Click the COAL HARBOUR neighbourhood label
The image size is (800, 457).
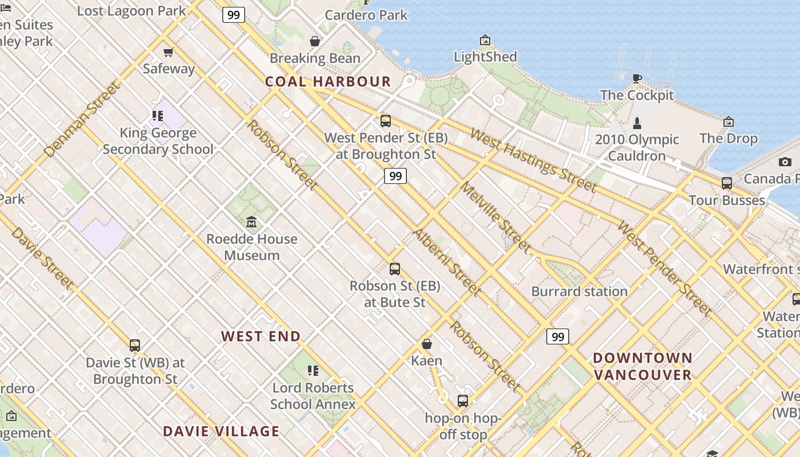coord(328,82)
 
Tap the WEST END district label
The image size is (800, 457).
coord(261,336)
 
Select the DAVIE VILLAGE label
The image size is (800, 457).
coord(222,431)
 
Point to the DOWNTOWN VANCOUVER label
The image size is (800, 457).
coord(643,367)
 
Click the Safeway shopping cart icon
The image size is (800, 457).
coord(168,53)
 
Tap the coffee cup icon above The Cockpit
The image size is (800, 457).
coord(637,78)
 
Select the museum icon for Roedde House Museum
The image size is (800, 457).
coord(251,222)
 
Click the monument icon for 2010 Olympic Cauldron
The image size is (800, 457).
coord(637,123)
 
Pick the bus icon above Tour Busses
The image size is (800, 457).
coord(726,183)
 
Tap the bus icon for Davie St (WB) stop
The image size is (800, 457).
coord(135,345)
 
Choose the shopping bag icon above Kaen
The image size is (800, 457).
coord(426,344)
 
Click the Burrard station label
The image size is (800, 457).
coord(579,291)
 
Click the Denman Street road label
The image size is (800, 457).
coord(83,120)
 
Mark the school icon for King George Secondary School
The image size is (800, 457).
coord(158,117)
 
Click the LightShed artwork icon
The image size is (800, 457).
coord(485,40)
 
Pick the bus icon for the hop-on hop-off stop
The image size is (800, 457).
coord(463,401)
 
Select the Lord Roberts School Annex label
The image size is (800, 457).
coord(313,396)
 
